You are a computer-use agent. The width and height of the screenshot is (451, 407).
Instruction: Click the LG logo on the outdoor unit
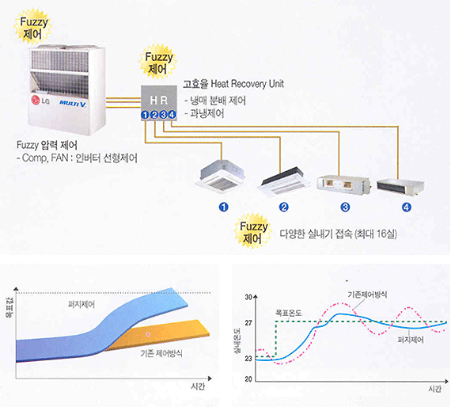pyautogui.click(x=40, y=101)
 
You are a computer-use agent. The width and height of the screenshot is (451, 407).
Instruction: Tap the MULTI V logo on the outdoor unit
pyautogui.click(x=73, y=104)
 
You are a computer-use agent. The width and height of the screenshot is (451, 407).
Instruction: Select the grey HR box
pyautogui.click(x=159, y=103)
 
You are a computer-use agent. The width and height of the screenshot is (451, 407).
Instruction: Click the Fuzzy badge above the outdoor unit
pyautogui.click(x=33, y=27)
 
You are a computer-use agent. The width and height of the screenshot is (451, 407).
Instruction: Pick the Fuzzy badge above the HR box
pyautogui.click(x=157, y=63)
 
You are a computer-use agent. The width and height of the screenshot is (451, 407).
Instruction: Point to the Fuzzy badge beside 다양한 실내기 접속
pyautogui.click(x=253, y=231)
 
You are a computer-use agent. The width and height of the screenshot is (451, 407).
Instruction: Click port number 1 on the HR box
pyautogui.click(x=146, y=115)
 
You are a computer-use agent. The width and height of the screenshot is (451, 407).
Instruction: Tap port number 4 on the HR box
pyautogui.click(x=172, y=115)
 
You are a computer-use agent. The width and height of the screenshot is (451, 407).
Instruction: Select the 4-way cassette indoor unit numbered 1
pyautogui.click(x=221, y=175)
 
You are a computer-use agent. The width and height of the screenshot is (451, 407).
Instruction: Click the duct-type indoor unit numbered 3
pyautogui.click(x=343, y=184)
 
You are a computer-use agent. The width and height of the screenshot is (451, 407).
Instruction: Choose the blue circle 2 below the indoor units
pyautogui.click(x=283, y=207)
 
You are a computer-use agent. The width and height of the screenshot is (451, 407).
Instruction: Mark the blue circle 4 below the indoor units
pyautogui.click(x=407, y=207)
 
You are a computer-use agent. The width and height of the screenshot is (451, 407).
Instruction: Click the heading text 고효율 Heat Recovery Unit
pyautogui.click(x=233, y=84)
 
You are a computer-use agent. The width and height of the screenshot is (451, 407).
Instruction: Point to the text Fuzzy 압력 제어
pyautogui.click(x=47, y=145)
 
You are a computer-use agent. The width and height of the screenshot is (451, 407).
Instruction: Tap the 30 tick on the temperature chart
pyautogui.click(x=248, y=297)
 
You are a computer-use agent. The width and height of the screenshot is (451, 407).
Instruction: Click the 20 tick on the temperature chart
pyautogui.click(x=248, y=379)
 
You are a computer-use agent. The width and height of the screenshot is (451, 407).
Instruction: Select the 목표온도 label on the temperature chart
pyautogui.click(x=289, y=313)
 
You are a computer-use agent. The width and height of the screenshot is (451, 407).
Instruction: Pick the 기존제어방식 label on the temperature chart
pyautogui.click(x=367, y=295)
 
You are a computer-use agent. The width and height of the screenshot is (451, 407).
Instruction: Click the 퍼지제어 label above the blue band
pyautogui.click(x=81, y=305)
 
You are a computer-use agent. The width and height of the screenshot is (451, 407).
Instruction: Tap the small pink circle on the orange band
pyautogui.click(x=148, y=334)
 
